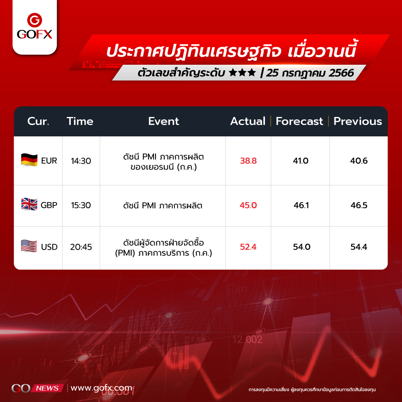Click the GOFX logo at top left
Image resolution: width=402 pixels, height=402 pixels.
pyautogui.click(x=35, y=26)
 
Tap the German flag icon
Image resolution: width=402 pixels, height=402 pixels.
pyautogui.click(x=29, y=160)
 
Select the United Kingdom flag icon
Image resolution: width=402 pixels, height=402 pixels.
pyautogui.click(x=29, y=204)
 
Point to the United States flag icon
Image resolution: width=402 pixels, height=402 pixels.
pyautogui.click(x=29, y=246)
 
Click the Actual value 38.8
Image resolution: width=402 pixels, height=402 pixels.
pyautogui.click(x=248, y=161)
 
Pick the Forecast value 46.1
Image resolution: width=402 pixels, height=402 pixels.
pyautogui.click(x=301, y=205)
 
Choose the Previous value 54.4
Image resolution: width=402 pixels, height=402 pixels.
pyautogui.click(x=359, y=247)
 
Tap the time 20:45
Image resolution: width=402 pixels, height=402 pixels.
pyautogui.click(x=81, y=247)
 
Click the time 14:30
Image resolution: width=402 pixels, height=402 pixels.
pyautogui.click(x=81, y=161)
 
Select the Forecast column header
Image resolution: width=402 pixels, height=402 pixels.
pyautogui.click(x=299, y=121)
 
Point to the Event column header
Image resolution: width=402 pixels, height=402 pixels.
pyautogui.click(x=164, y=121)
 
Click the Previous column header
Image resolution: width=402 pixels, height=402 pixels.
pyautogui.click(x=358, y=121)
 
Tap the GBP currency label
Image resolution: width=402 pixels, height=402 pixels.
pyautogui.click(x=49, y=205)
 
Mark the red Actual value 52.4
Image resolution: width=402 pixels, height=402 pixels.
pyautogui.click(x=248, y=247)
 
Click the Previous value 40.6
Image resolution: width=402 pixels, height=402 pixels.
pyautogui.click(x=359, y=161)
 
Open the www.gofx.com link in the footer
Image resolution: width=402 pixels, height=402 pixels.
pyautogui.click(x=102, y=388)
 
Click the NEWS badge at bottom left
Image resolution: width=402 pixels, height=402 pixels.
pyautogui.click(x=47, y=388)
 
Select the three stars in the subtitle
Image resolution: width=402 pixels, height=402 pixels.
pyautogui.click(x=242, y=72)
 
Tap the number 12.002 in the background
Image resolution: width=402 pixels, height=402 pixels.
pyautogui.click(x=247, y=340)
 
